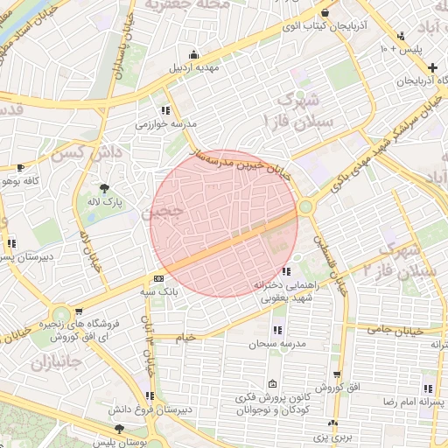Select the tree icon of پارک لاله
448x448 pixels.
point(104,187)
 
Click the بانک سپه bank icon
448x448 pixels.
point(157,278)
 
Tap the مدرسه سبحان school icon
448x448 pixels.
point(277,330)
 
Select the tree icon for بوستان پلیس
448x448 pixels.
point(119,428)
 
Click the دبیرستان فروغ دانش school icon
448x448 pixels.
point(152,395)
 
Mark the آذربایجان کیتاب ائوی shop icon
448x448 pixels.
point(325,13)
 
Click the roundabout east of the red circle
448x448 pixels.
point(305,207)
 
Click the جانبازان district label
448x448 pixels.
point(54,361)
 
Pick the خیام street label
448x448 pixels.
point(186,337)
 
